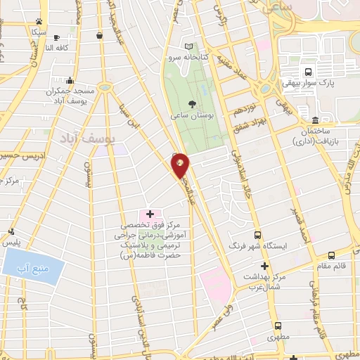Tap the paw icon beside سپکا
38,22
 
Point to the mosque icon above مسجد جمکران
69,81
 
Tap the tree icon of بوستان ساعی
193,103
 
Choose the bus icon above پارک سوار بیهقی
307,72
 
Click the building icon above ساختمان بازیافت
315,120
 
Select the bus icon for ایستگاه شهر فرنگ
257,236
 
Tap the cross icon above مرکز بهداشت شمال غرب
264,266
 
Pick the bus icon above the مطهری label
280,326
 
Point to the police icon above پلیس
11,231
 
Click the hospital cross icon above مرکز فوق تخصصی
149,213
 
